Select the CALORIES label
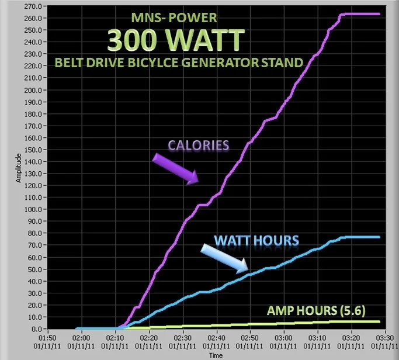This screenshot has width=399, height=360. click(198, 146)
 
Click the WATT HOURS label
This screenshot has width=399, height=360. click(256, 240)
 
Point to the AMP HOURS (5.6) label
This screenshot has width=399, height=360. click(316, 310)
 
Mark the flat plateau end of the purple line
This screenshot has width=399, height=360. click(379, 14)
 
